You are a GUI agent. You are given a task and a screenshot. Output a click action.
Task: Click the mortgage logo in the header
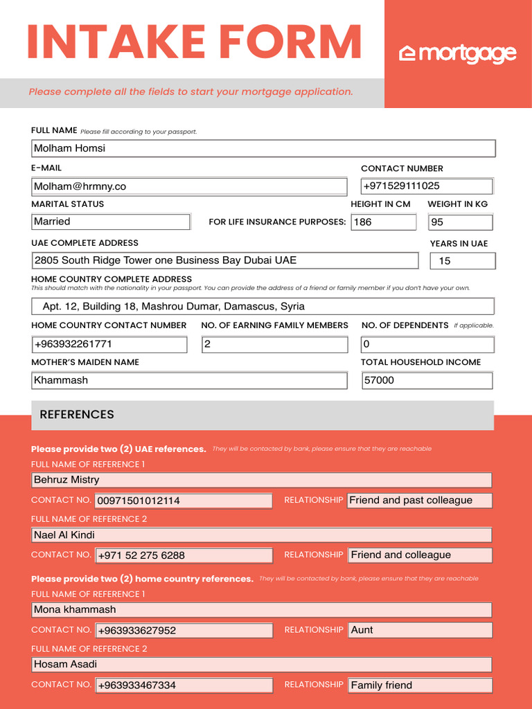[x=458, y=53]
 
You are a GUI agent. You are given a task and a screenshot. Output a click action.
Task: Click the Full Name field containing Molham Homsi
[x=263, y=148]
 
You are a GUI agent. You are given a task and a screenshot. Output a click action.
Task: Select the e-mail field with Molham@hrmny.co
[x=189, y=186]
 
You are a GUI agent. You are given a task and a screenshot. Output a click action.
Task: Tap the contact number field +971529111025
[x=427, y=186]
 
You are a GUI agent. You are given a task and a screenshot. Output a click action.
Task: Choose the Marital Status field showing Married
[x=111, y=222]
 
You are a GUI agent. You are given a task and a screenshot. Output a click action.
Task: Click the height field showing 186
[x=383, y=222]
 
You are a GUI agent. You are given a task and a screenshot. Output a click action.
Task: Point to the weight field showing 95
[x=460, y=222]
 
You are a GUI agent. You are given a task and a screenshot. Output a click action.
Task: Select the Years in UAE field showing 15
[x=463, y=261]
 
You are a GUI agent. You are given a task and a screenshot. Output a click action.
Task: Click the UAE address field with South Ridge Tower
[x=225, y=260]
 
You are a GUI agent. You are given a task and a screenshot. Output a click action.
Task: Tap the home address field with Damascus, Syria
[x=263, y=306]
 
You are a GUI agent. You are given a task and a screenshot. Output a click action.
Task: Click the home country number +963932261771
[x=109, y=344]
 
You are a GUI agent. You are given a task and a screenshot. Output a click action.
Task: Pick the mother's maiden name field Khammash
[x=189, y=380]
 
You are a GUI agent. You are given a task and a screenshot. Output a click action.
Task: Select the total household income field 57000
[x=427, y=380]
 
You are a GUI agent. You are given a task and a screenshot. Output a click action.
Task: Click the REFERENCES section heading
[x=77, y=415]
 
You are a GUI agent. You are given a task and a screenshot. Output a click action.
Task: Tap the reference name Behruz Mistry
[x=262, y=480]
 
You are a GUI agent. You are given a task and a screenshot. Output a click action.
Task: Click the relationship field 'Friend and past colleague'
[x=419, y=501]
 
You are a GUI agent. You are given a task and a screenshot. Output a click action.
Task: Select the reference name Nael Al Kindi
[x=262, y=535]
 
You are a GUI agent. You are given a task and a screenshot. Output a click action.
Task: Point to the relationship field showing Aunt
[x=419, y=630]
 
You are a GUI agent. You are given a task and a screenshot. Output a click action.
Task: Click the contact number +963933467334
[x=184, y=685]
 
